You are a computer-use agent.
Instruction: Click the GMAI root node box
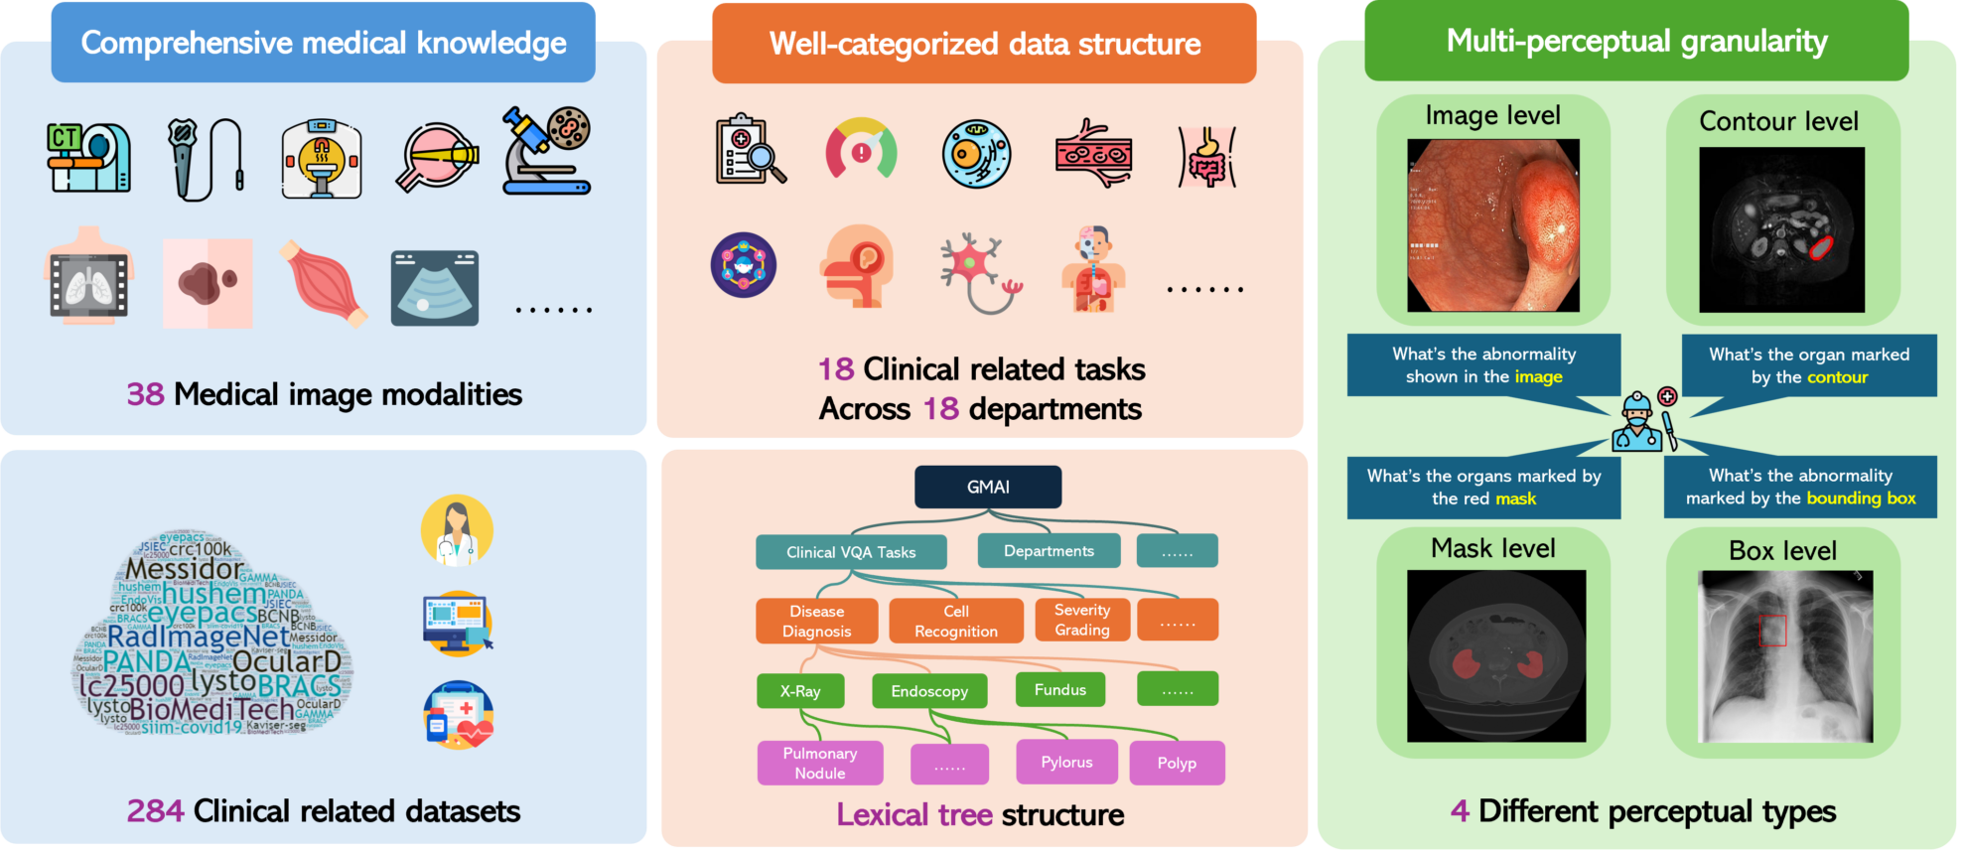click(988, 487)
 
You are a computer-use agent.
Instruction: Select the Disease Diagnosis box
click(816, 621)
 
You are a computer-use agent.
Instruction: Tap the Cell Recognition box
click(955, 621)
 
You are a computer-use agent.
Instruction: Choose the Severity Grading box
click(1081, 620)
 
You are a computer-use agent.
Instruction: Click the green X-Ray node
click(800, 691)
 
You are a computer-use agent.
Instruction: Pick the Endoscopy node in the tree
click(929, 691)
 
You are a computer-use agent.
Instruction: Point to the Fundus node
click(1060, 689)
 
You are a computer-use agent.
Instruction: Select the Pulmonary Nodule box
click(819, 763)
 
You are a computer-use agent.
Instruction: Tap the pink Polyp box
click(1177, 763)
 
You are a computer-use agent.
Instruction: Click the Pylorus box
click(1066, 762)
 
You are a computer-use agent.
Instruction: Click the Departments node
click(1049, 551)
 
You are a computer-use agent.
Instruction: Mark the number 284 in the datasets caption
click(155, 811)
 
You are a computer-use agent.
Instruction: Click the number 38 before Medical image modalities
click(145, 394)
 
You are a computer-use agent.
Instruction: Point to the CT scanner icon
click(88, 157)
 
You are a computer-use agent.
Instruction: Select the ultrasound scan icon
click(435, 288)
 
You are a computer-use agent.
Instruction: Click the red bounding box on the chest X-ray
click(1772, 631)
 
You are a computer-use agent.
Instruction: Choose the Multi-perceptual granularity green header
click(1636, 41)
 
